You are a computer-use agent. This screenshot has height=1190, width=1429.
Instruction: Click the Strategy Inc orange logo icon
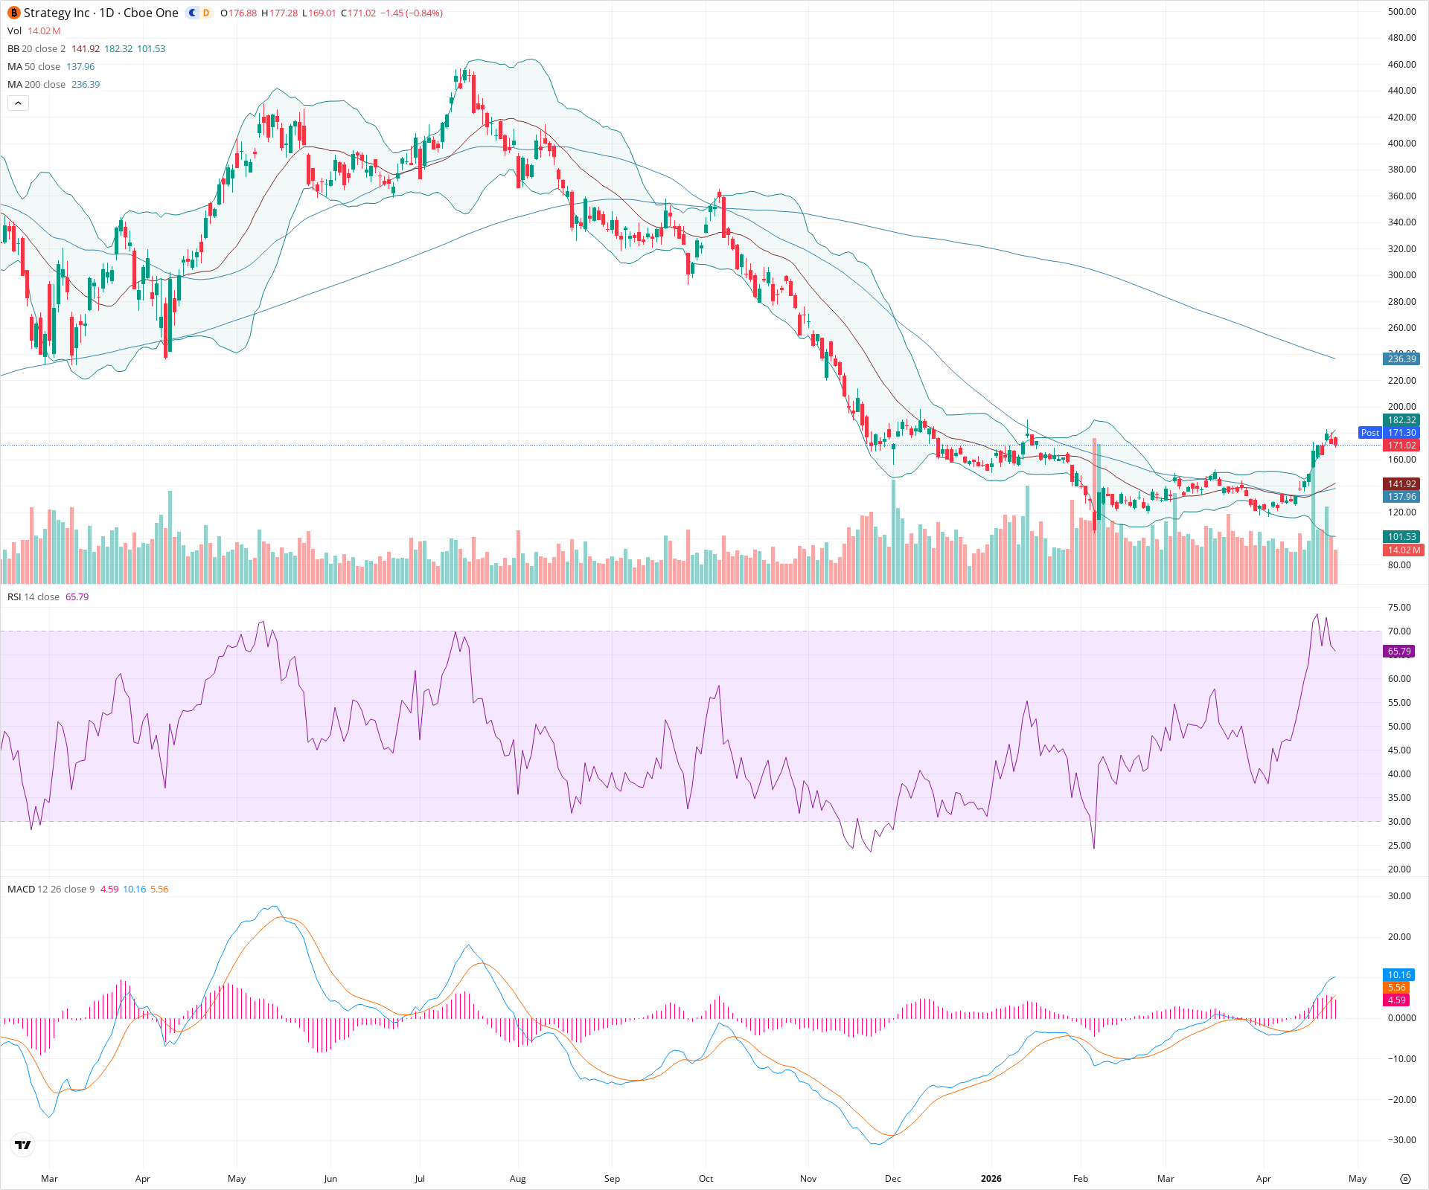pyautogui.click(x=14, y=13)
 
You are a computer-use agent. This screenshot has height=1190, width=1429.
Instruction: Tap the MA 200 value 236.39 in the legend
pyautogui.click(x=86, y=85)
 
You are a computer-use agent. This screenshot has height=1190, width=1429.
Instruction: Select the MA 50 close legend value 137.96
pyautogui.click(x=80, y=67)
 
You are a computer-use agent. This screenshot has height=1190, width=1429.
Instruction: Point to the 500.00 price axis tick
pyautogui.click(x=1401, y=12)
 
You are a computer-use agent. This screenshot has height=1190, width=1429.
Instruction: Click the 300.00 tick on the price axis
pyautogui.click(x=1401, y=275)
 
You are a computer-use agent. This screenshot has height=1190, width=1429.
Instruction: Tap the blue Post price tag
pyautogui.click(x=1369, y=433)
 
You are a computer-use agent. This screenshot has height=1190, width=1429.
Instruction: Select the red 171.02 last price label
pyautogui.click(x=1401, y=446)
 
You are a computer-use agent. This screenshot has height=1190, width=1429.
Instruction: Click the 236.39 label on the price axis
pyautogui.click(x=1401, y=359)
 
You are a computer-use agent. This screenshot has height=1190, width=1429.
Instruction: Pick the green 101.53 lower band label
pyautogui.click(x=1401, y=537)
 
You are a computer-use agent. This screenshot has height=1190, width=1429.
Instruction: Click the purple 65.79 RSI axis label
pyautogui.click(x=1399, y=652)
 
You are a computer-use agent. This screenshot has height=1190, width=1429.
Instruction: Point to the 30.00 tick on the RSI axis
pyautogui.click(x=1399, y=822)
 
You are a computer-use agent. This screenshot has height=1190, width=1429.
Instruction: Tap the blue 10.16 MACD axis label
pyautogui.click(x=1399, y=975)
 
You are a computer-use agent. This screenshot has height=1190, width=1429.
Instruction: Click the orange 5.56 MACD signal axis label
pyautogui.click(x=1397, y=988)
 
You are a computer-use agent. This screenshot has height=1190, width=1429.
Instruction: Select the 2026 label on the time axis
pyautogui.click(x=991, y=1179)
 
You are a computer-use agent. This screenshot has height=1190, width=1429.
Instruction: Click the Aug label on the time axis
pyautogui.click(x=517, y=1179)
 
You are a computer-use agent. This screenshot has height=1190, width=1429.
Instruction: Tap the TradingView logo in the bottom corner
pyautogui.click(x=23, y=1145)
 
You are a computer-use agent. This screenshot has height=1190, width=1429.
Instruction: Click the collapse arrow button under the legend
pyautogui.click(x=18, y=103)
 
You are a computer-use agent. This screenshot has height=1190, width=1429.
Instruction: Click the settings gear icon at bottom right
pyautogui.click(x=1405, y=1179)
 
